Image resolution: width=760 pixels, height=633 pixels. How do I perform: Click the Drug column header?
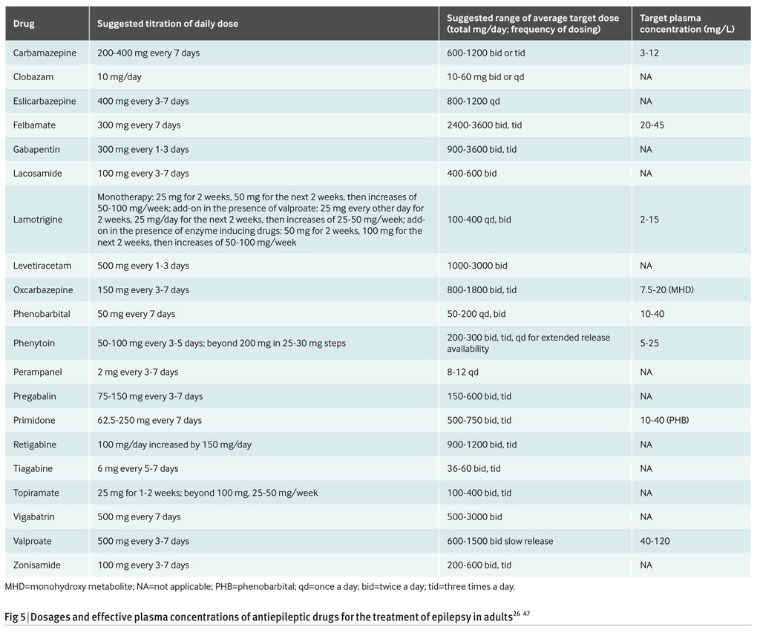click(x=24, y=24)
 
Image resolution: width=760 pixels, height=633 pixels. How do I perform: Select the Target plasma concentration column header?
click(x=687, y=24)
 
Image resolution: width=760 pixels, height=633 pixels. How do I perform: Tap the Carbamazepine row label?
click(x=45, y=53)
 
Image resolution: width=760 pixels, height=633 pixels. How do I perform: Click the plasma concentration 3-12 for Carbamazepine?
click(x=649, y=53)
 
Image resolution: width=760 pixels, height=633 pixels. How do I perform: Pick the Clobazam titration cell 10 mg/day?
click(x=119, y=77)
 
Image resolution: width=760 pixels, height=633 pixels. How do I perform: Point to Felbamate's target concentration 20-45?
click(x=652, y=125)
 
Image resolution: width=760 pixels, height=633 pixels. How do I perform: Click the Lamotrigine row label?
click(x=38, y=220)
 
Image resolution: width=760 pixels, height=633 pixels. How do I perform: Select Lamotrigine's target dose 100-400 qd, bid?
click(x=479, y=220)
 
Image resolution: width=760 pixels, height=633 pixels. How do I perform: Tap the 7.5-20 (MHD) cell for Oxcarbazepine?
click(x=666, y=290)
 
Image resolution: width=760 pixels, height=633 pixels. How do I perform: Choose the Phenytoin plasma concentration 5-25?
click(x=649, y=343)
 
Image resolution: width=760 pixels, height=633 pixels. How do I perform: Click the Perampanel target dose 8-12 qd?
click(x=462, y=373)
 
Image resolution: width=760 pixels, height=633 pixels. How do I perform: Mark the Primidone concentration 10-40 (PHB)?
click(x=664, y=420)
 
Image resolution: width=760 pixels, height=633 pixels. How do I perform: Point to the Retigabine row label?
click(x=35, y=445)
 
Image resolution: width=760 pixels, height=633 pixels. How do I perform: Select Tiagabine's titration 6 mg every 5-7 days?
click(x=137, y=469)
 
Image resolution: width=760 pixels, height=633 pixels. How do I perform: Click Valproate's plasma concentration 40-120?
click(x=655, y=541)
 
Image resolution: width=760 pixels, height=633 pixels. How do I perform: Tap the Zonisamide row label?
click(x=37, y=565)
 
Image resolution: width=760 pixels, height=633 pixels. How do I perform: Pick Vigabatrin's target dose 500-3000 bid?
click(x=474, y=516)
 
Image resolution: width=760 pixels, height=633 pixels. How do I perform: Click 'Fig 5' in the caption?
click(x=15, y=617)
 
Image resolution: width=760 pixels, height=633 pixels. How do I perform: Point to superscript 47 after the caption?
click(x=526, y=614)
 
